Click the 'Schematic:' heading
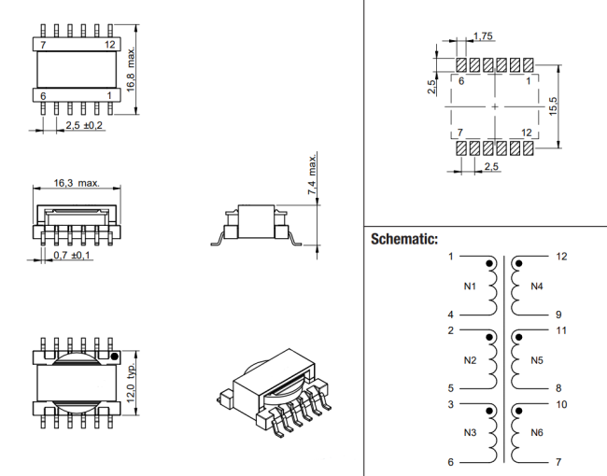click(x=404, y=239)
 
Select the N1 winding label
click(x=470, y=287)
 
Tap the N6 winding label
click(x=537, y=433)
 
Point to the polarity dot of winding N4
click(x=519, y=264)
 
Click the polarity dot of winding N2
click(x=489, y=338)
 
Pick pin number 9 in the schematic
click(x=558, y=315)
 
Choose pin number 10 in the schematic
click(x=561, y=405)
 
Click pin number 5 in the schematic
click(x=451, y=388)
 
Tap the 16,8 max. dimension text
click(x=131, y=70)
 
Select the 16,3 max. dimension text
click(x=77, y=183)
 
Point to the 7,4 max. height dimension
click(x=312, y=175)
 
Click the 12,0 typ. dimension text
click(x=132, y=383)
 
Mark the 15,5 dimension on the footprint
click(x=553, y=106)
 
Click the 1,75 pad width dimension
click(x=483, y=36)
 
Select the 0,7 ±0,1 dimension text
click(x=72, y=255)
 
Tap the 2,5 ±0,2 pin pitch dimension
click(x=84, y=125)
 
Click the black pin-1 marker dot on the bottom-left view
click(x=114, y=357)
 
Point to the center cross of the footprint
click(x=495, y=106)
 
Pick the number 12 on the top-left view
click(x=110, y=45)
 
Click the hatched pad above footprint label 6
click(x=461, y=65)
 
